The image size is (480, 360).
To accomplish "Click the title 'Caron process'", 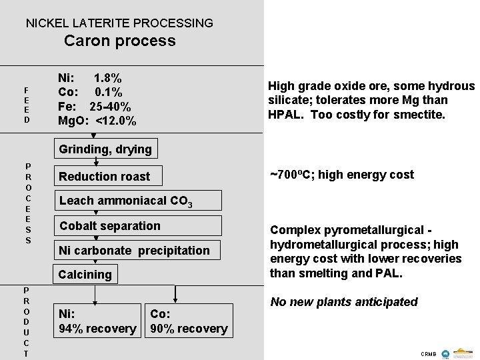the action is click(x=120, y=41).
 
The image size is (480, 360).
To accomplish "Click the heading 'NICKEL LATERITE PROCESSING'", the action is click(x=119, y=23).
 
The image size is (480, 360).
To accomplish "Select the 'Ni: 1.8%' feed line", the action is click(x=90, y=77).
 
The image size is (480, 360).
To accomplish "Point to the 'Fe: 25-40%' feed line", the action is click(x=95, y=107).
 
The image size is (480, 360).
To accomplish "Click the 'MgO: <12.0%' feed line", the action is click(x=97, y=121).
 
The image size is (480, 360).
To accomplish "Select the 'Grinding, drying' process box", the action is click(x=105, y=149).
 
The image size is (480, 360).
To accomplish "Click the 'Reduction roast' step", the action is click(x=105, y=177).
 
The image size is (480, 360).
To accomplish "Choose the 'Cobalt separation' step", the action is click(x=110, y=226).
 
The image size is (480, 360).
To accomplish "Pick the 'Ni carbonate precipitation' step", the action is click(x=134, y=251).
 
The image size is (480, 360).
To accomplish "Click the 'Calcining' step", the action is click(x=85, y=275).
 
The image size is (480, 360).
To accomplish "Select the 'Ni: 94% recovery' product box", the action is click(x=98, y=321).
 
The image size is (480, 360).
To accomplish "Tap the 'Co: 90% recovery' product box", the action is click(x=189, y=321).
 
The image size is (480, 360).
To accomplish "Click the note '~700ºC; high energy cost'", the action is click(x=341, y=175).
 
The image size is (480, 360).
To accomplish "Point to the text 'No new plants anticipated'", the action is click(x=343, y=302).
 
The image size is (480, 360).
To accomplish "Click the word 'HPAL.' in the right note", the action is click(x=285, y=113).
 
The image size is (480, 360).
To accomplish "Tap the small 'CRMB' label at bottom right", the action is click(x=428, y=352).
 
